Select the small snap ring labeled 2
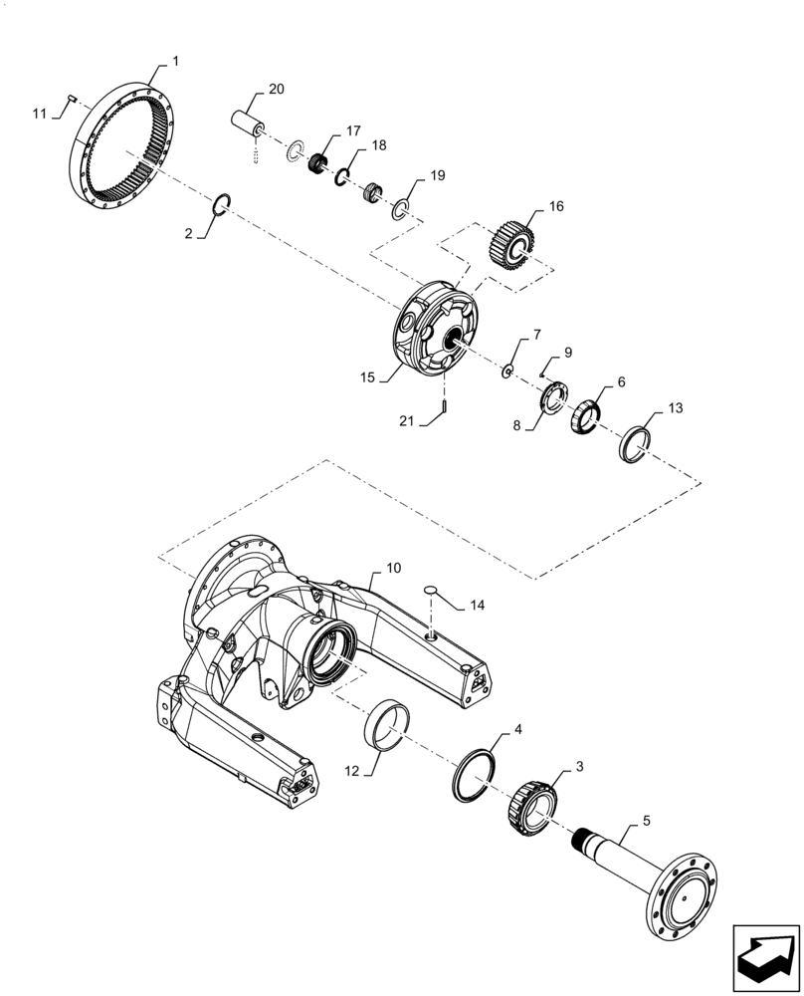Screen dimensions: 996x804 [x=225, y=204]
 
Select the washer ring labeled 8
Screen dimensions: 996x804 [x=552, y=402]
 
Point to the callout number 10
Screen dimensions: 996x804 [x=394, y=568]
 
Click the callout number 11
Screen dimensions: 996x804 [x=40, y=114]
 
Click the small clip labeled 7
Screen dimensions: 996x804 [x=506, y=372]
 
